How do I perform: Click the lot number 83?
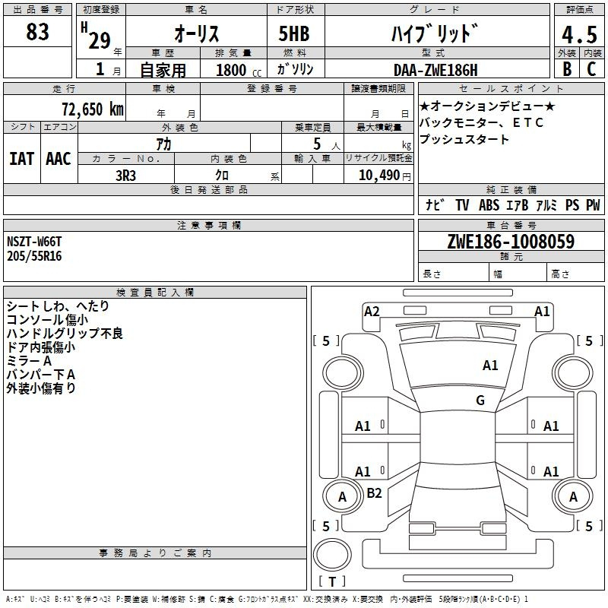(x=37, y=33)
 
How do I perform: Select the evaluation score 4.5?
(x=578, y=36)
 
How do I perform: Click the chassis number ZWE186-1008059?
(x=510, y=242)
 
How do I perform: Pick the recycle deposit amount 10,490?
(x=377, y=174)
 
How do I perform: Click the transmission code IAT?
(x=21, y=159)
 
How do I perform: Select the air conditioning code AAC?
(x=58, y=159)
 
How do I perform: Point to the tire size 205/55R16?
(x=34, y=256)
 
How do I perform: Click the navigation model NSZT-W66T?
(x=34, y=242)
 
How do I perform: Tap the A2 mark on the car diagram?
(x=372, y=311)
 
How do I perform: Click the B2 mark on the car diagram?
(x=374, y=493)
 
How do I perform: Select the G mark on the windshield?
(x=480, y=401)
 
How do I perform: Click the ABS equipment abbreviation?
(x=489, y=205)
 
